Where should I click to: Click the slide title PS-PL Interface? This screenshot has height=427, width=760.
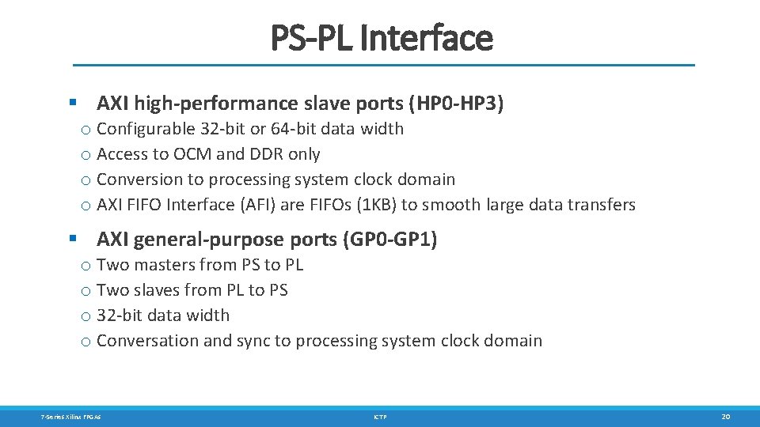click(382, 37)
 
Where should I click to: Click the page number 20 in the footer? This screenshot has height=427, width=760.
click(725, 416)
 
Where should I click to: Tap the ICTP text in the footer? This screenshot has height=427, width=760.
click(380, 416)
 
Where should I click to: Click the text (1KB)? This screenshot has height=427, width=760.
click(374, 205)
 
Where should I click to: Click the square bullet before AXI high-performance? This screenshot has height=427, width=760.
click(73, 103)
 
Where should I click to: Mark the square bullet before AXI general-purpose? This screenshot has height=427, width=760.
click(73, 239)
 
